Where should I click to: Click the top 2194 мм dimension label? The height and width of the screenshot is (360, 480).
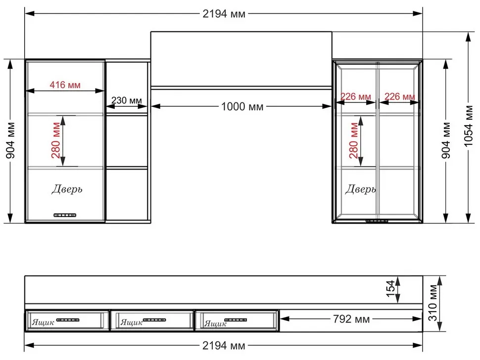click(x=224, y=14)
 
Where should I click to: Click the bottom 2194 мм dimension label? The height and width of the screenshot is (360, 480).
click(x=224, y=346)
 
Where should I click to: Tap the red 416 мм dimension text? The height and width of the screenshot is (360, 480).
click(x=65, y=85)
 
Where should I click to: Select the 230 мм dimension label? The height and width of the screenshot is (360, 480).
click(x=126, y=100)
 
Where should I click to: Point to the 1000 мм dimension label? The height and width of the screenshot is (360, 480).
click(x=242, y=106)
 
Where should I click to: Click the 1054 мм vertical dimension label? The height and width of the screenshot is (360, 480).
click(x=469, y=126)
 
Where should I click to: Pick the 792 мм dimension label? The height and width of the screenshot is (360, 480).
click(x=351, y=319)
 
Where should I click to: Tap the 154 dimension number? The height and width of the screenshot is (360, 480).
click(x=390, y=288)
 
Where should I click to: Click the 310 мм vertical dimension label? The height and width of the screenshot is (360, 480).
click(x=432, y=303)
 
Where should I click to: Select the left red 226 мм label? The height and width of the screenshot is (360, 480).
click(x=356, y=96)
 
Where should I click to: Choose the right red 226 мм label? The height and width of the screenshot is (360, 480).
click(x=400, y=96)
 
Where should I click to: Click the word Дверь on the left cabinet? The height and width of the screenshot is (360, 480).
click(x=67, y=189)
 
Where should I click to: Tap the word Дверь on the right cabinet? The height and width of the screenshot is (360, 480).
click(x=361, y=189)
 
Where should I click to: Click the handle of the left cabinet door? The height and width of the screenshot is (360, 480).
click(x=65, y=215)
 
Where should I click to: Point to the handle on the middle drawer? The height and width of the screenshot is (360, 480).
click(x=154, y=320)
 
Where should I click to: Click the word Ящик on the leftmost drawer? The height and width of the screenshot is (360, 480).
click(x=43, y=322)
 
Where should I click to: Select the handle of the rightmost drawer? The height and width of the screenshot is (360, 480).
click(x=236, y=320)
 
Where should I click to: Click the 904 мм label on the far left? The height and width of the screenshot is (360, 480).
click(x=10, y=140)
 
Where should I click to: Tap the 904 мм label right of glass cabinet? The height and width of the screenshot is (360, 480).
click(x=446, y=140)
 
